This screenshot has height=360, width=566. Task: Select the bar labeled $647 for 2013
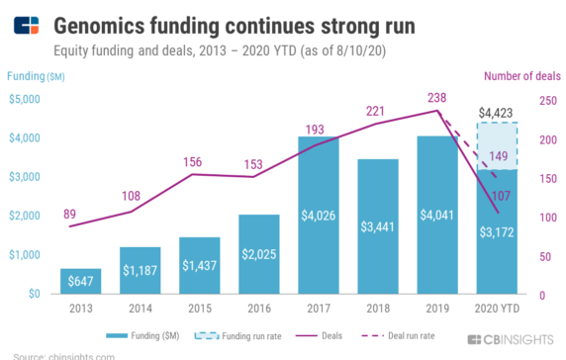tap(81, 282)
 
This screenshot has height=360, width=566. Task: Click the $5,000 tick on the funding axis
tap(25, 99)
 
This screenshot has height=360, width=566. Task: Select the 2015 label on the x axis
tap(199, 309)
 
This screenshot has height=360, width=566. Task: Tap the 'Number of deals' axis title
tap(522, 75)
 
